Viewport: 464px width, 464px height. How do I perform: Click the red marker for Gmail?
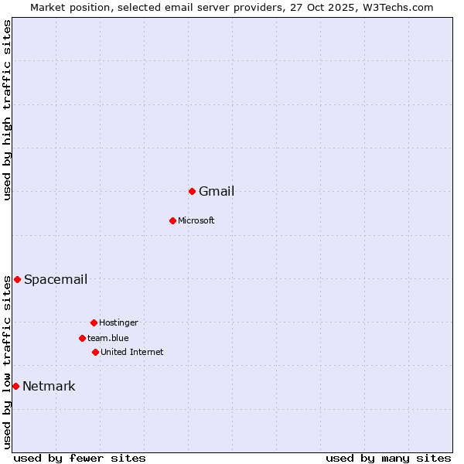(x=192, y=191)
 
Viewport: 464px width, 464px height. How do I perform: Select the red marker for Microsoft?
(x=172, y=220)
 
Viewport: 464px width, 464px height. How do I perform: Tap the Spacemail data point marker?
(x=17, y=279)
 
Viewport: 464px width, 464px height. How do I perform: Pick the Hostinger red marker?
(x=94, y=322)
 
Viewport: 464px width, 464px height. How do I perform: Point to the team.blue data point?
(x=82, y=338)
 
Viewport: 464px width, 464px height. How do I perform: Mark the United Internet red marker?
(x=95, y=352)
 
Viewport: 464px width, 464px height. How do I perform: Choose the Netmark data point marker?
(x=15, y=386)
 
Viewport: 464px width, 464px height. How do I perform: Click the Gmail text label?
(x=217, y=192)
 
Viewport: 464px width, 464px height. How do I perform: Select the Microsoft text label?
(x=196, y=221)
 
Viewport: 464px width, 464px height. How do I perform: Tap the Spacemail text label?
(x=56, y=280)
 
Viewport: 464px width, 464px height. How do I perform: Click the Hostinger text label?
(x=118, y=323)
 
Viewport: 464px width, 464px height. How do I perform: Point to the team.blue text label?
(x=108, y=339)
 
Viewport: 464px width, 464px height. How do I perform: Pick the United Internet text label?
(x=132, y=353)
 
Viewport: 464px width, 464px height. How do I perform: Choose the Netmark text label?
(x=49, y=387)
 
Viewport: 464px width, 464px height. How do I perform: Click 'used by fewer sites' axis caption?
(x=80, y=458)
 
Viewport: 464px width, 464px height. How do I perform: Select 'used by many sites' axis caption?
(x=388, y=458)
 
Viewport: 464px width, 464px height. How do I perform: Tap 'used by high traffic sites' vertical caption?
(x=7, y=110)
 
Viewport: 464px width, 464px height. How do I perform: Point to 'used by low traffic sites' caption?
(x=7, y=362)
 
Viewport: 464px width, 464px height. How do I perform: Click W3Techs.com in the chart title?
(x=397, y=7)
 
